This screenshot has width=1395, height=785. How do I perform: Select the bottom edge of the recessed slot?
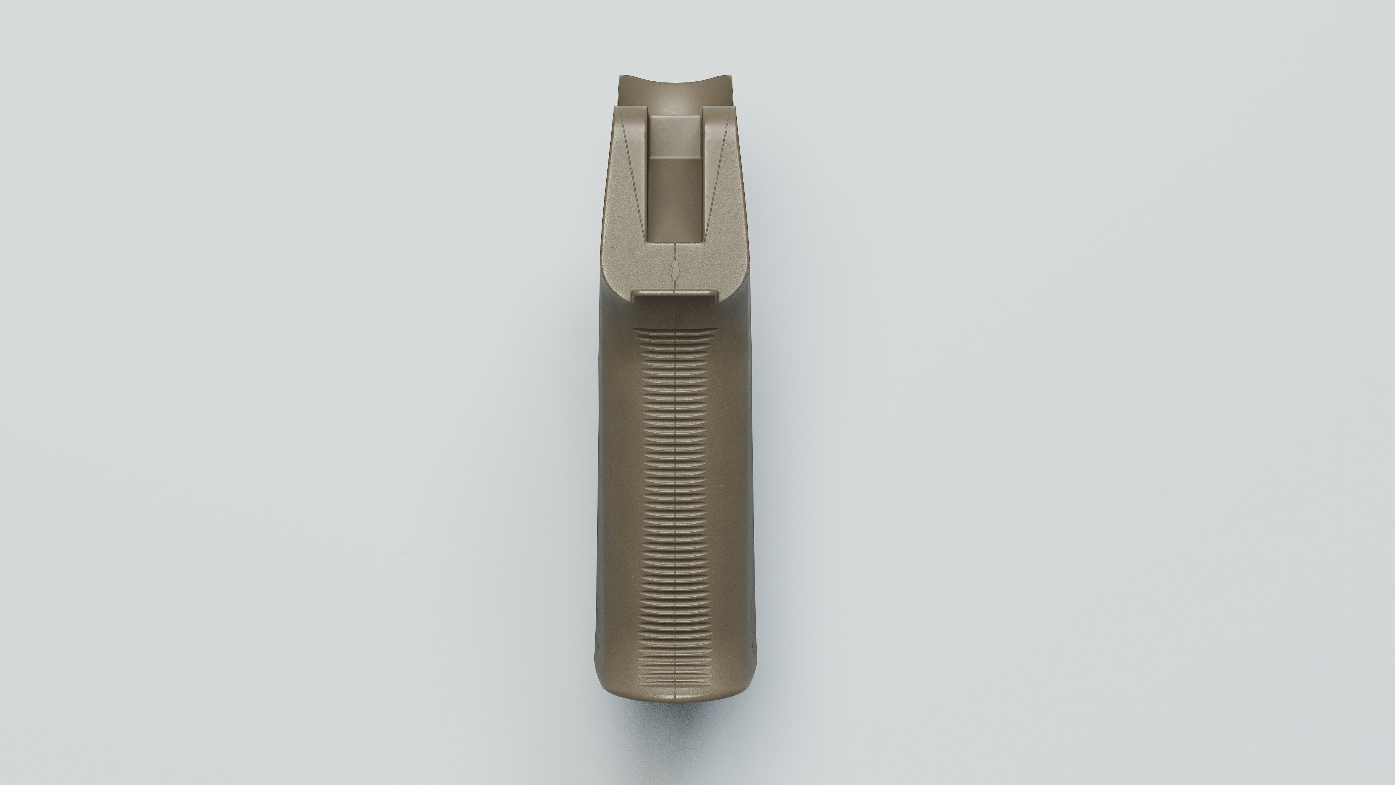(x=677, y=241)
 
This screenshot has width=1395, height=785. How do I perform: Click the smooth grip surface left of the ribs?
(x=617, y=488)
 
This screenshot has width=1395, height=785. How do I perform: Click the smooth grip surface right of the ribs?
(x=734, y=488)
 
